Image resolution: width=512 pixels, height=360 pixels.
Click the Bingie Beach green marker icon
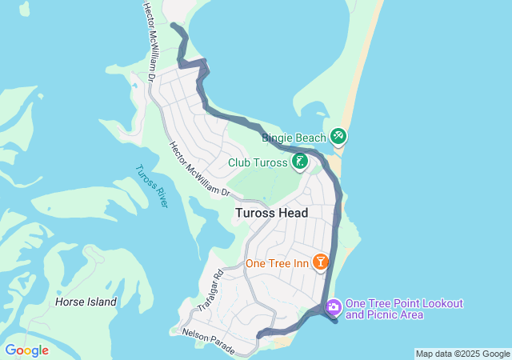point(338,138)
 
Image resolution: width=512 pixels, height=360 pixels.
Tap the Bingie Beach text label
point(294,138)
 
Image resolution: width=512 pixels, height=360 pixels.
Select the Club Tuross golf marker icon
point(300,162)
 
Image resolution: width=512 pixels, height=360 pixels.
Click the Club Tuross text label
point(257,162)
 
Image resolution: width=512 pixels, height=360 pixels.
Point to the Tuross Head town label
point(271,213)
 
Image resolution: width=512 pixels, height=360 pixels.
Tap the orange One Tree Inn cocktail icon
point(320,262)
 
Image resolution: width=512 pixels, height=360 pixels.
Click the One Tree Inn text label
point(277,263)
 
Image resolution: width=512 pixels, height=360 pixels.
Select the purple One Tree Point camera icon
point(333,306)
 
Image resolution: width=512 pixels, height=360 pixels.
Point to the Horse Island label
point(86,302)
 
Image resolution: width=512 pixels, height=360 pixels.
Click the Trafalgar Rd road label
point(208,291)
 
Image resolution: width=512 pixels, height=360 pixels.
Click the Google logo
point(26,350)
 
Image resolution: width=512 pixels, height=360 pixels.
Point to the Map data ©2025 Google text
point(462,354)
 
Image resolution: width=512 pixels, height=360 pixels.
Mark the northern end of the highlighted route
point(174,26)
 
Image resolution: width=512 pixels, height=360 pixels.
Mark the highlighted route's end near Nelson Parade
point(258,336)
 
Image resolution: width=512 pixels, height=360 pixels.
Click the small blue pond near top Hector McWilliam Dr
point(135,85)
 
